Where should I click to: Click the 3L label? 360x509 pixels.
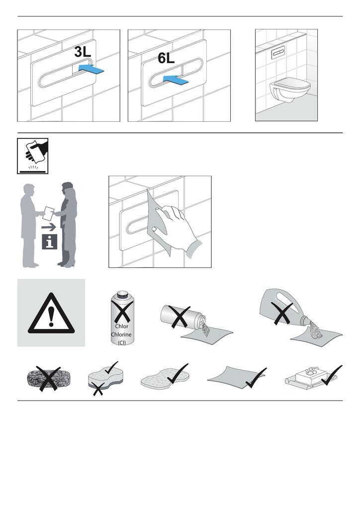coord(83,52)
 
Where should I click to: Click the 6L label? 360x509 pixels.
coord(166,58)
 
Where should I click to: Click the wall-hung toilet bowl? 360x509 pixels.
coord(290,89)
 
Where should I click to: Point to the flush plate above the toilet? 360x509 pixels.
coord(278,52)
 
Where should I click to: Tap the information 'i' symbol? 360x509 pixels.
coord(49,242)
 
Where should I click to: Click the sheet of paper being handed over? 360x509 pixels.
coord(49,214)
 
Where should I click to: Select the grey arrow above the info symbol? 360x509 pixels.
coord(49,227)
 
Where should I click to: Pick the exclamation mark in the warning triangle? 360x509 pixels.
coord(51,317)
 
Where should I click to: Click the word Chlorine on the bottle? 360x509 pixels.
coord(121,335)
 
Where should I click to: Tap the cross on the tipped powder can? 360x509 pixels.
coord(179,316)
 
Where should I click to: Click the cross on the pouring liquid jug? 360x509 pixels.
coord(282,313)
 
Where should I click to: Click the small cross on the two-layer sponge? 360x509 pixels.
coord(98,389)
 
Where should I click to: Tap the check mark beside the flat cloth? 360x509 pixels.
coord(256,378)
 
